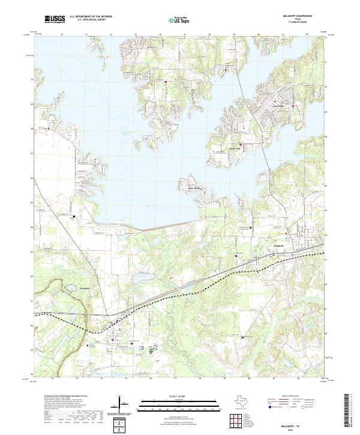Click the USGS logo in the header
coord(55,20)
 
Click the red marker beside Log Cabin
coord(292,106)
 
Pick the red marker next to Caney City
coord(241,144)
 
